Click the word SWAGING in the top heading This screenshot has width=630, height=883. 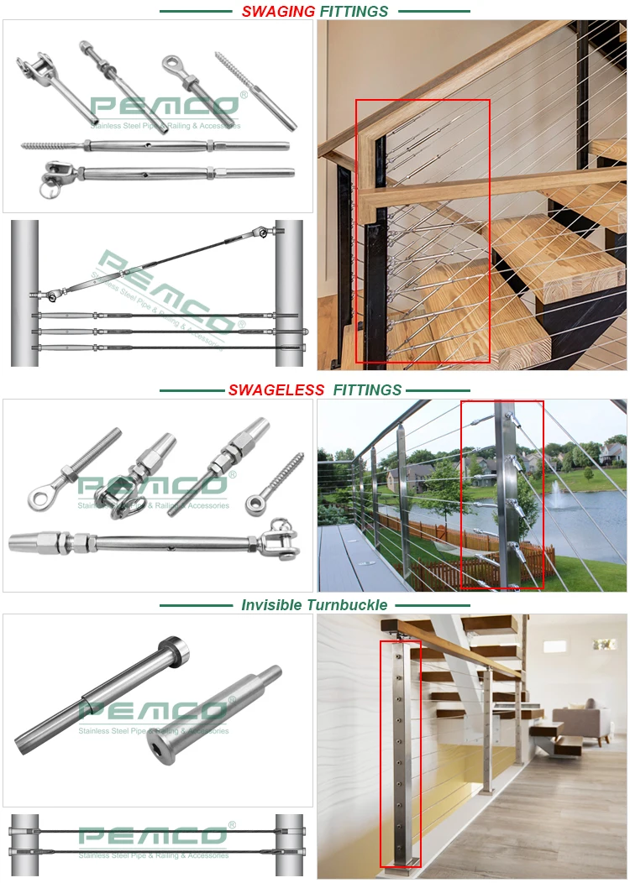point(278,12)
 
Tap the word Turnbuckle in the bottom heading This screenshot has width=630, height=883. point(349,604)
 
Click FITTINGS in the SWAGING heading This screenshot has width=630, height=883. point(354,12)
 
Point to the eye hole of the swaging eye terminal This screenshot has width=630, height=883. point(171,63)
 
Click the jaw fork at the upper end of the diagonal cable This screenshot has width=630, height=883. point(264,233)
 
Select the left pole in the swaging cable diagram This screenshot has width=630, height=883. point(25,294)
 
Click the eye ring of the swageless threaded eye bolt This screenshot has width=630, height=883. point(38,499)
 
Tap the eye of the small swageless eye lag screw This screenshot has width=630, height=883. point(253,504)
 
